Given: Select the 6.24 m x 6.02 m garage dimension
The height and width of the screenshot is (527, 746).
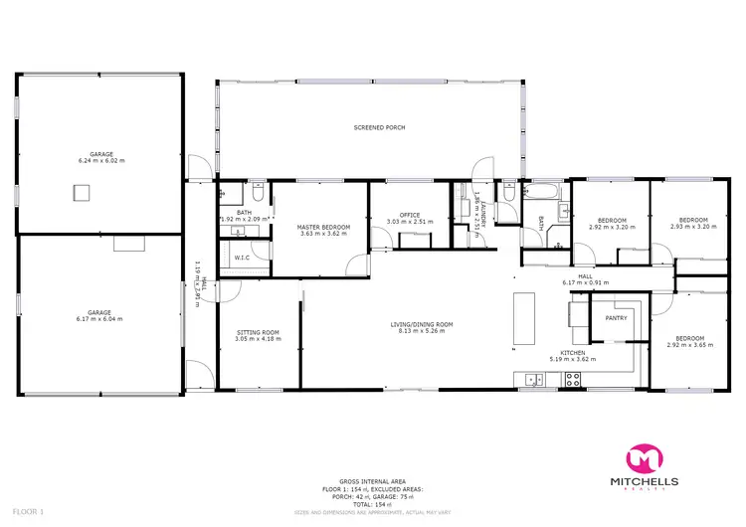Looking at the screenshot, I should point(101,160).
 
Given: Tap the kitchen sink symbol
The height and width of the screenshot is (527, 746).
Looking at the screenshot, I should point(532,379).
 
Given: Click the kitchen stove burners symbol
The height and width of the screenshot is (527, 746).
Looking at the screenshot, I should point(572,379).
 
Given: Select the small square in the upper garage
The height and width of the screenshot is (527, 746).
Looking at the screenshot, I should point(76,193).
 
